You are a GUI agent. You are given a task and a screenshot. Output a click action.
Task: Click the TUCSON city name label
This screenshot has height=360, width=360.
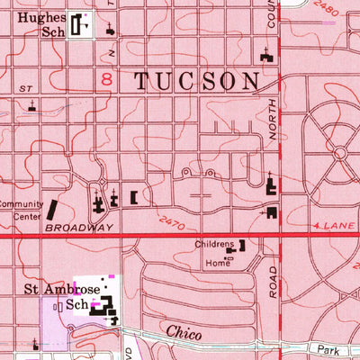[197, 81]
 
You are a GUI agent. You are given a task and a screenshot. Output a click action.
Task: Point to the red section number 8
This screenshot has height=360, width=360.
[106, 81]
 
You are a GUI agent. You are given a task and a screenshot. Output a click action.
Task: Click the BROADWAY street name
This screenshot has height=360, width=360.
[79, 229]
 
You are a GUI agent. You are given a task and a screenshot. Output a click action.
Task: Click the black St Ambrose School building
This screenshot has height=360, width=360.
[109, 308]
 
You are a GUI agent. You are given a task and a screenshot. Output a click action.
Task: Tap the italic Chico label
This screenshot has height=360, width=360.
[182, 332]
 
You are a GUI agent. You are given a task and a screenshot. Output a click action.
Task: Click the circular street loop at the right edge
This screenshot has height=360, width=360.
[340, 154]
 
